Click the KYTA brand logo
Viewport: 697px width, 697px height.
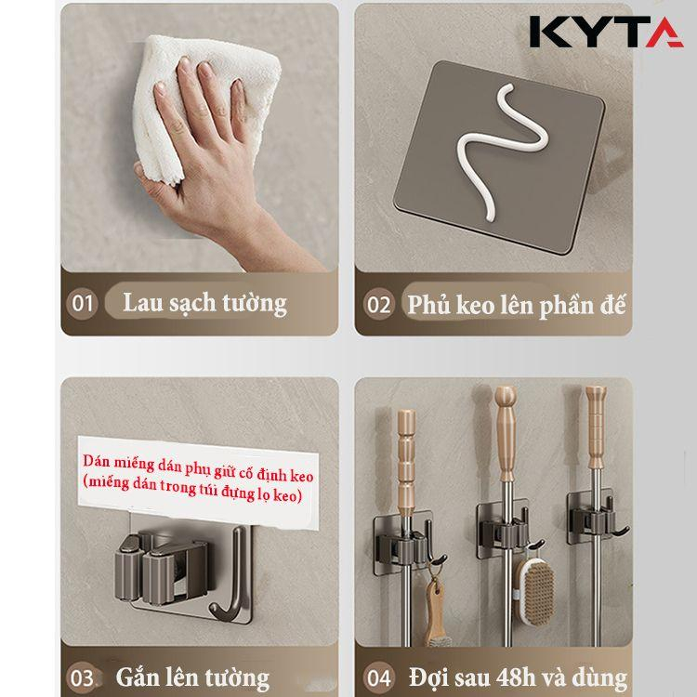coord(606,32)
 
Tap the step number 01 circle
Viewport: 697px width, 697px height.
coord(82,304)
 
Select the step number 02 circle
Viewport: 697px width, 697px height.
coord(378,305)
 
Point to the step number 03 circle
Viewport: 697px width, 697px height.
coord(82,678)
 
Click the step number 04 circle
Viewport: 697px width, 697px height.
coord(378,678)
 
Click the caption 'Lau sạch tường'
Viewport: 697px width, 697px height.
coord(205,303)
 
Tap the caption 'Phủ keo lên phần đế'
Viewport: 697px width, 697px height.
coord(517,305)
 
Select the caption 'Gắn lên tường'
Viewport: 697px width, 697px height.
coord(192,678)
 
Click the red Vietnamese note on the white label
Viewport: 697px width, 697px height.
coord(198,479)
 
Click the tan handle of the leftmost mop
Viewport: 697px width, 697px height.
coord(406,462)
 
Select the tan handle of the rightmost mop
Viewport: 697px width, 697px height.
coord(596,427)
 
